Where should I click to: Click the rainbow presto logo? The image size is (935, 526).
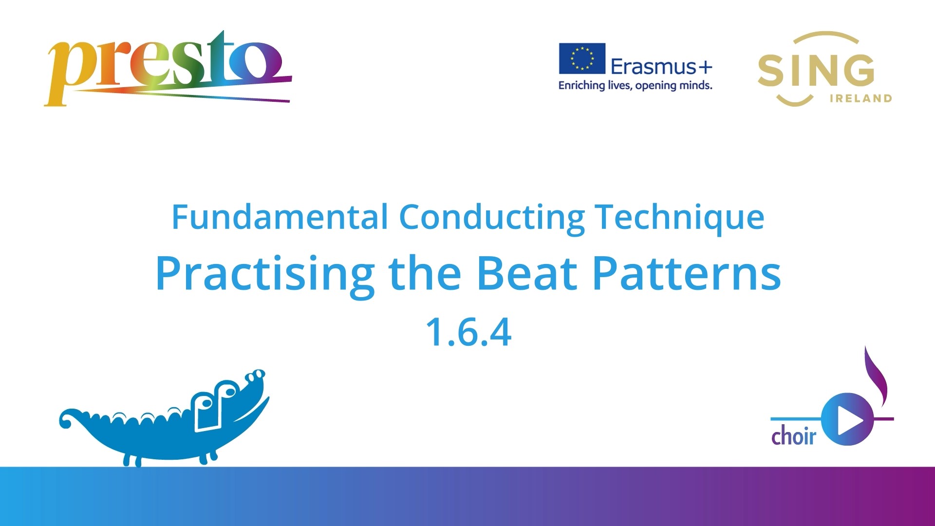pos(168,68)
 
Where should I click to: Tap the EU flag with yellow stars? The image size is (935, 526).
pos(582,58)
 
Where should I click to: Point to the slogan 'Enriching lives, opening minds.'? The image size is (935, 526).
pos(635,86)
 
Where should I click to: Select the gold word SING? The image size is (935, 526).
pos(816,70)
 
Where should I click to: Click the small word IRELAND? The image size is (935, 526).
pos(860,98)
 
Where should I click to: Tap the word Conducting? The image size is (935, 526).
pos(492,218)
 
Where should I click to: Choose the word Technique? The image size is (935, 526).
pos(680,218)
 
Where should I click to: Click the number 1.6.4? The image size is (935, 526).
pos(468,332)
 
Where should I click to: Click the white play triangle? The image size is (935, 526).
pos(850,419)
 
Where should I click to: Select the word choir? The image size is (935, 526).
pos(793,435)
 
